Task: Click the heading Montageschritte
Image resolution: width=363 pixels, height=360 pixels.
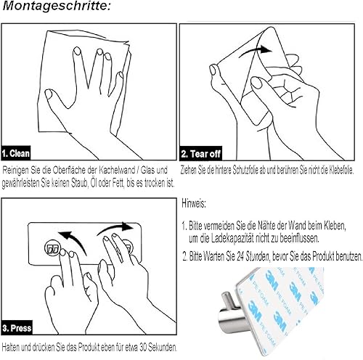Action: [57, 6]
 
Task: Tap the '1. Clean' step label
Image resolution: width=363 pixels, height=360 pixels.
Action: [16, 153]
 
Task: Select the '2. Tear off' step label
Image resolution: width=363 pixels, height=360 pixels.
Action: [201, 154]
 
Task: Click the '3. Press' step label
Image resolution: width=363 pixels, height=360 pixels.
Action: [17, 328]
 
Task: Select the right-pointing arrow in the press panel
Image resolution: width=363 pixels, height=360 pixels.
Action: [115, 227]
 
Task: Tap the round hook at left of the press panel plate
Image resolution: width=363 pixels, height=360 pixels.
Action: [52, 248]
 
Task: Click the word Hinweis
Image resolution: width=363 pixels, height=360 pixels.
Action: [194, 204]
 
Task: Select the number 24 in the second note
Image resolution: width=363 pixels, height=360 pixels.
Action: [240, 256]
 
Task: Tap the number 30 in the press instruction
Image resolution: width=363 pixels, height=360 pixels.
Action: [143, 348]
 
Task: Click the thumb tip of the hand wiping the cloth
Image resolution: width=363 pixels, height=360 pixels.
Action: [49, 94]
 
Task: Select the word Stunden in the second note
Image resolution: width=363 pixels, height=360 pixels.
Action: [257, 256]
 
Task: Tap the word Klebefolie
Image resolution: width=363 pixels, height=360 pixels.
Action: [341, 171]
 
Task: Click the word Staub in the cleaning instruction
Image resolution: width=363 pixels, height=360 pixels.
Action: [79, 184]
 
